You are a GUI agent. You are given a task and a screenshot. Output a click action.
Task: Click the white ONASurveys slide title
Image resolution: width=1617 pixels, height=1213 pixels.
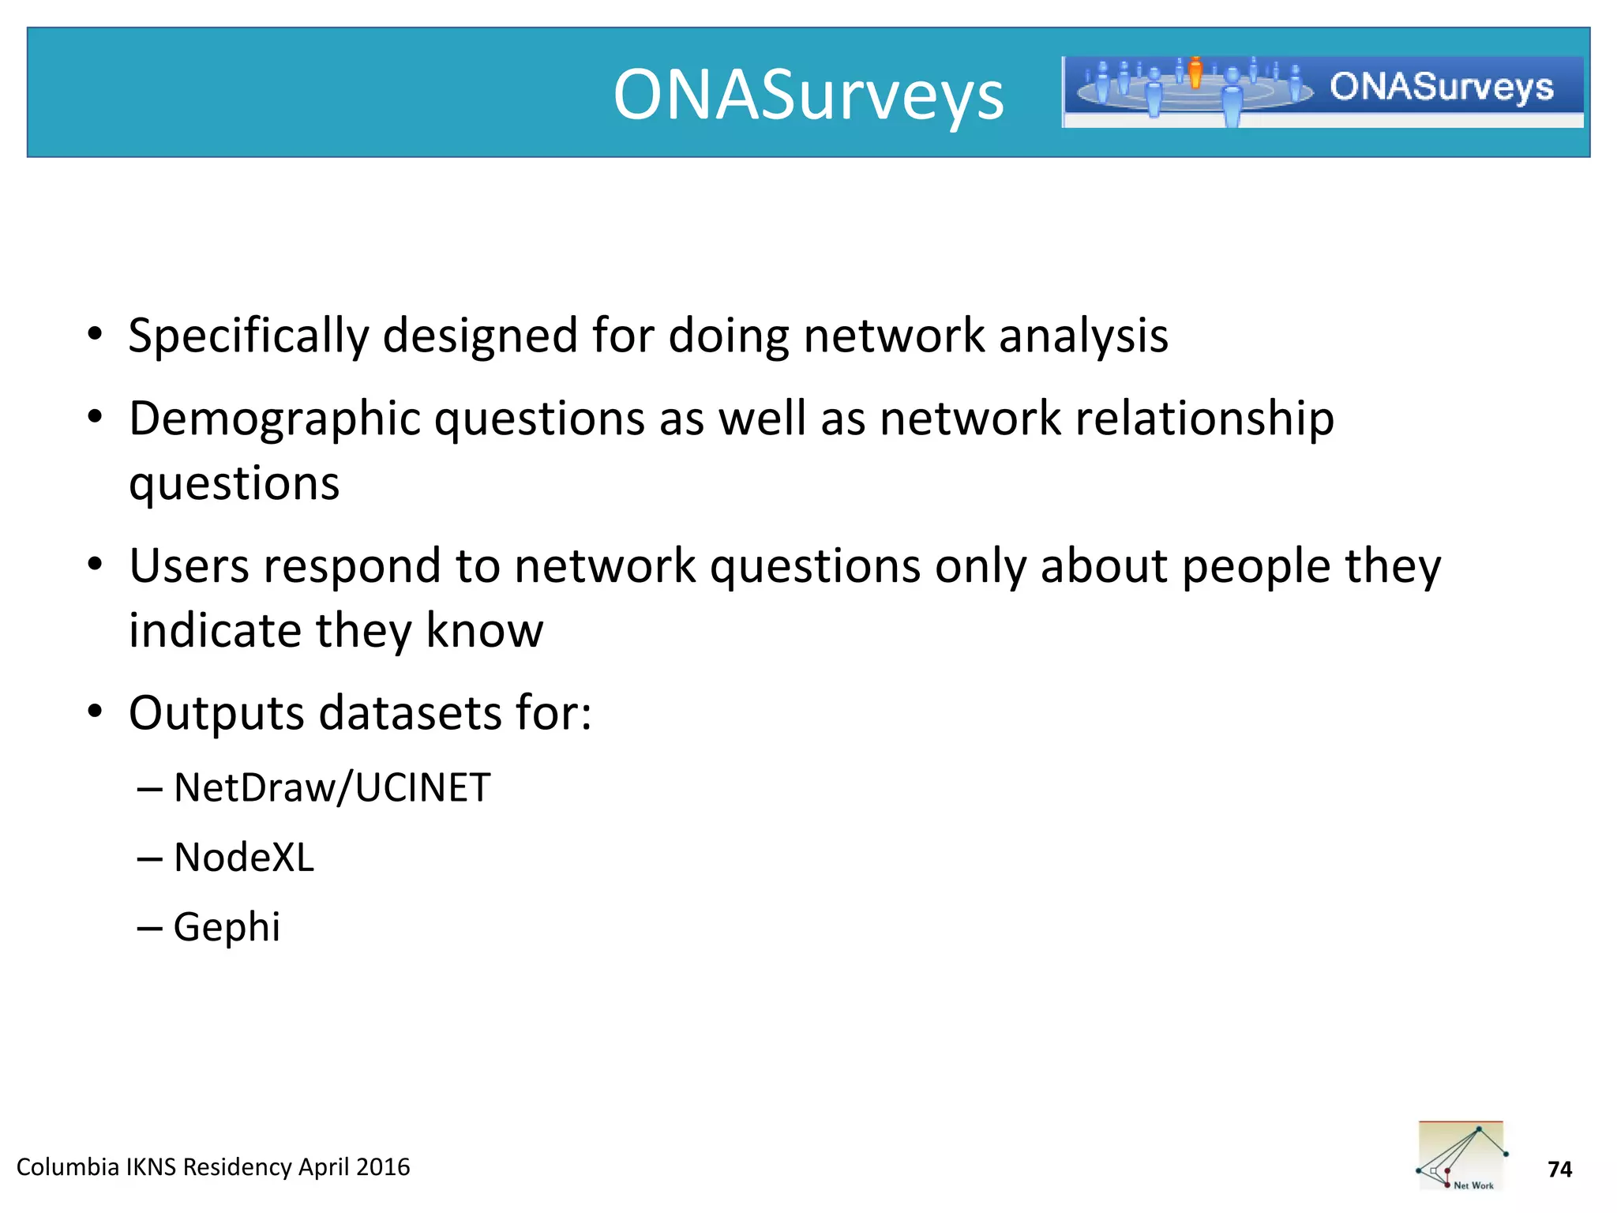pyautogui.click(x=808, y=95)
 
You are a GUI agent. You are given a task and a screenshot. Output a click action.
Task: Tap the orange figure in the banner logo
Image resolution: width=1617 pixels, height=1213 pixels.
pyautogui.click(x=1195, y=72)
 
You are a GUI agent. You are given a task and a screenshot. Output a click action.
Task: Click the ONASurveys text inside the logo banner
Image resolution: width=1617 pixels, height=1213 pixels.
pyautogui.click(x=1441, y=87)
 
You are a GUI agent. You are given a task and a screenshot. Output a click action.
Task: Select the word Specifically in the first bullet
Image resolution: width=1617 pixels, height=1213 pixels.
pyautogui.click(x=249, y=336)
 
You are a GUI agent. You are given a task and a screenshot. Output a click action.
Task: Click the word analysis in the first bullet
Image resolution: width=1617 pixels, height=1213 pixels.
pyautogui.click(x=1083, y=336)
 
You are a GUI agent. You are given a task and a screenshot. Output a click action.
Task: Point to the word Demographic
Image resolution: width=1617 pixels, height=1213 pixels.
pyautogui.click(x=274, y=419)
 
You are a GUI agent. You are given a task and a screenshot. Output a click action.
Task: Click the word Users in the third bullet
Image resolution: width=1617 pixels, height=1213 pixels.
pyautogui.click(x=189, y=566)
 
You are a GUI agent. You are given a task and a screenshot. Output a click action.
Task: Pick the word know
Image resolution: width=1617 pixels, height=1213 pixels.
pyautogui.click(x=484, y=631)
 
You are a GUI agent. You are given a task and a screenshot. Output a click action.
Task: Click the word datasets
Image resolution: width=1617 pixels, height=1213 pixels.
pyautogui.click(x=411, y=714)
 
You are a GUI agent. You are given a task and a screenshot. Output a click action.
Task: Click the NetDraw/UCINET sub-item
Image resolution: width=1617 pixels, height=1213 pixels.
pyautogui.click(x=332, y=788)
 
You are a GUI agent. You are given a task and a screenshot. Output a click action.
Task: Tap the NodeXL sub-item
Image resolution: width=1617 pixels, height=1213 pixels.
pyautogui.click(x=243, y=858)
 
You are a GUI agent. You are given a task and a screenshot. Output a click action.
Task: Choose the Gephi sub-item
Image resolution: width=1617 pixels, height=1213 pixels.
pyautogui.click(x=227, y=927)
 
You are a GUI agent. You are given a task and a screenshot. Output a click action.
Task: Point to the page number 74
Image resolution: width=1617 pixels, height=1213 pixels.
pyautogui.click(x=1559, y=1170)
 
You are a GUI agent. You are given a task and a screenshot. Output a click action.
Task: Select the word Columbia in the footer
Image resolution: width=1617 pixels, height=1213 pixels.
pyautogui.click(x=67, y=1167)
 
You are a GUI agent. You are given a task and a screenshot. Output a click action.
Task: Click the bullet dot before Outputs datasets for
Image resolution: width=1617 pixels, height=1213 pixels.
pyautogui.click(x=96, y=712)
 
